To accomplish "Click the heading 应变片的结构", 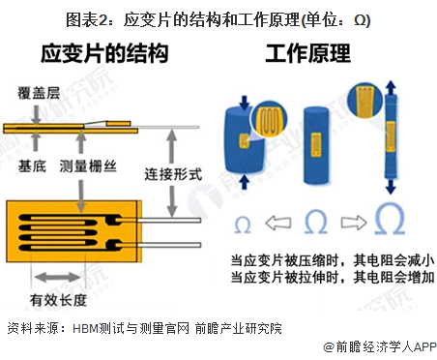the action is [x=104, y=53].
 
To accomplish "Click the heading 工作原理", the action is [x=307, y=53].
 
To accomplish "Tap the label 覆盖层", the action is [x=39, y=93].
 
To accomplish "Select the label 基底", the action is [x=32, y=166].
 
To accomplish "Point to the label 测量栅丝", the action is [x=88, y=166].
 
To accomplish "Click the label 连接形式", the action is [x=173, y=174].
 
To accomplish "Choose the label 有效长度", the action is [x=58, y=300].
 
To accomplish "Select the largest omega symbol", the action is [x=390, y=219].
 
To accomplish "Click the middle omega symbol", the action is [x=316, y=222].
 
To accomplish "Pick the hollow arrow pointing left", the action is [x=278, y=223].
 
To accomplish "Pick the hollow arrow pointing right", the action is [x=354, y=223].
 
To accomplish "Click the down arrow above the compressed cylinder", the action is [x=245, y=103].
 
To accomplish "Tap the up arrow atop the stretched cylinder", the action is [x=391, y=87].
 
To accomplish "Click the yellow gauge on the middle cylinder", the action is [x=315, y=144].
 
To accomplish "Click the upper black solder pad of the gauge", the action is [x=113, y=220].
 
